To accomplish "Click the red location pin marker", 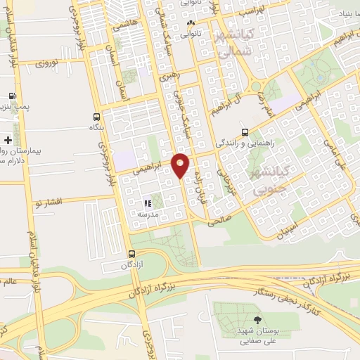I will click(180, 165).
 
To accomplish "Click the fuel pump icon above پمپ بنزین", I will click(12, 96).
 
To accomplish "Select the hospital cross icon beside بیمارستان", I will click(7, 140).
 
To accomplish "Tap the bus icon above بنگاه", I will click(96, 117).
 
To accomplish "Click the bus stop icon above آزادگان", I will click(131, 254).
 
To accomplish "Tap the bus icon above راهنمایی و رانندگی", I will click(244, 131).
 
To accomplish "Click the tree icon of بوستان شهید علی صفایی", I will click(245, 320).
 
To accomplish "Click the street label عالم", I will click(8, 284).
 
